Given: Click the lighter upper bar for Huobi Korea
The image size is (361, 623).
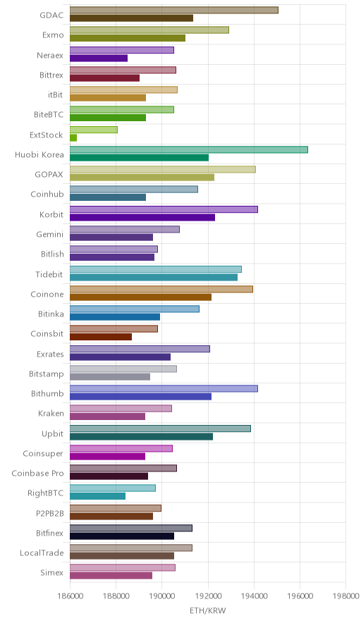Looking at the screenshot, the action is tap(189, 149).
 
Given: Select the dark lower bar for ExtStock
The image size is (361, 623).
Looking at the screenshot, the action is tap(73, 138).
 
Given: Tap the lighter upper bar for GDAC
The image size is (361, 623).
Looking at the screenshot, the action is tap(174, 10).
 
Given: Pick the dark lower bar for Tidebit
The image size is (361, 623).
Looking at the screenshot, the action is tap(154, 278).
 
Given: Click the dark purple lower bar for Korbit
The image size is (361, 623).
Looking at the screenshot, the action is tap(142, 217).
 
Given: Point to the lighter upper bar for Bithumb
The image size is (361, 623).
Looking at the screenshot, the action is tap(164, 388).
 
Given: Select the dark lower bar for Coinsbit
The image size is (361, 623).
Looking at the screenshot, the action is tap(101, 337).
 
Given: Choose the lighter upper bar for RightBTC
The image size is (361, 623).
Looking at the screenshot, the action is tap(113, 488).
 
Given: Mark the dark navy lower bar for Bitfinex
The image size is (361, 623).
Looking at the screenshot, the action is tap(122, 536).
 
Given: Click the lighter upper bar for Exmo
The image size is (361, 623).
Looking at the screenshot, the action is tap(149, 30).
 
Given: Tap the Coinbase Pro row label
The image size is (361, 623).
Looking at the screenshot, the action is tap(37, 473).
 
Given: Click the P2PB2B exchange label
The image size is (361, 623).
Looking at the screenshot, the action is tap(49, 513).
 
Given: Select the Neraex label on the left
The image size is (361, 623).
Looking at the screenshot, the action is tap(50, 55).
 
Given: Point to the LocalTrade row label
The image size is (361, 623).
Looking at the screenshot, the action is tap(42, 553).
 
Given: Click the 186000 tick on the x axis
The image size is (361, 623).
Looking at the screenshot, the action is tap(70, 596).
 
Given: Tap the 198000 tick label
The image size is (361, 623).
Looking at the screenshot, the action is tap(345, 596).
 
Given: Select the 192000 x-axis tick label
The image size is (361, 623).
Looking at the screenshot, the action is tap(208, 596).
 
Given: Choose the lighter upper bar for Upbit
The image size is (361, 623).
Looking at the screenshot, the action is tap(160, 428).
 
